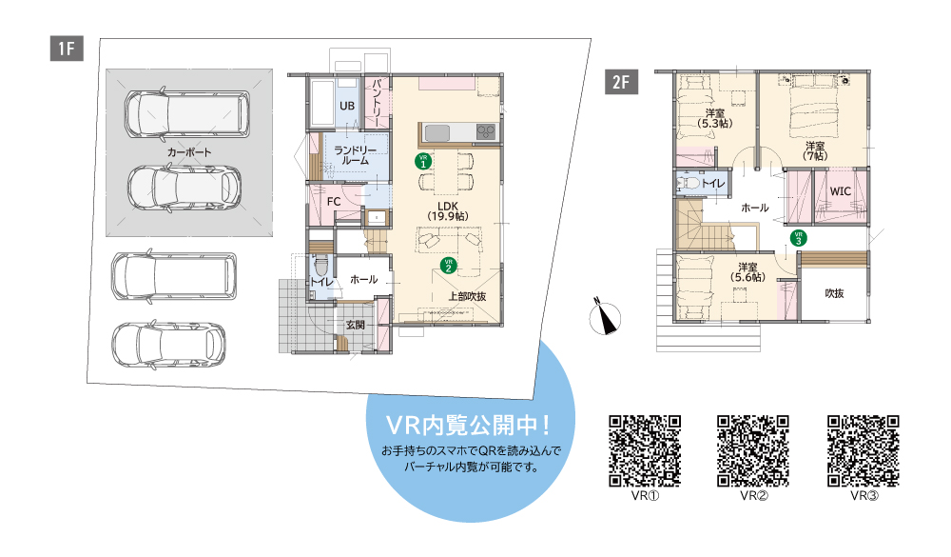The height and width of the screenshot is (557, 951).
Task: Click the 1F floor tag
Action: pos(67,48)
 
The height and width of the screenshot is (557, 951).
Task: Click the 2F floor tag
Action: pos(621,81)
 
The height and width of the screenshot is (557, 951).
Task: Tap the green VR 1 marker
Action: pos(423,161)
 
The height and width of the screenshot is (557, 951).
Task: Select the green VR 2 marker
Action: pos(448,266)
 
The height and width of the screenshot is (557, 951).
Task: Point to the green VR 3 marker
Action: pos(799,238)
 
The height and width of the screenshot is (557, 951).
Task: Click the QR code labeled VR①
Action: pos(645,450)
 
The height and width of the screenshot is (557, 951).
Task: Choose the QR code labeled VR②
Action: pos(753,450)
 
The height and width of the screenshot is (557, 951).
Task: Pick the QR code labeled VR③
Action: pos(864,450)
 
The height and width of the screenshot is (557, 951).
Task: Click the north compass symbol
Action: pos(605,316)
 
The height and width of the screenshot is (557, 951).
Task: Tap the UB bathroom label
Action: pos(347,106)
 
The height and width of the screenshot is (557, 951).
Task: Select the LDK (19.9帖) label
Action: pos(448,210)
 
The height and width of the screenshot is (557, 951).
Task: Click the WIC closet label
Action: pos(840,191)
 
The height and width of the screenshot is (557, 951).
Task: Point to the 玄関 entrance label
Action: pos(356,325)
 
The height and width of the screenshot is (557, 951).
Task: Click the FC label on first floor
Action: pos(334,202)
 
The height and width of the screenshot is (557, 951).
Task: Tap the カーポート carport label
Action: pos(189,151)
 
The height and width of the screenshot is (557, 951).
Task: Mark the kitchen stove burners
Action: pos(486,131)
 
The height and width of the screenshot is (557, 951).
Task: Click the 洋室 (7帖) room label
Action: pos(815,151)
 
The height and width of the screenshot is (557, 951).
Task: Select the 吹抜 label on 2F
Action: pos(835,293)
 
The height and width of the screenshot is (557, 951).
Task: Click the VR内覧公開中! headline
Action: pos(468,426)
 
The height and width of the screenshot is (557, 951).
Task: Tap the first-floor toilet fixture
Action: pos(321,267)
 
